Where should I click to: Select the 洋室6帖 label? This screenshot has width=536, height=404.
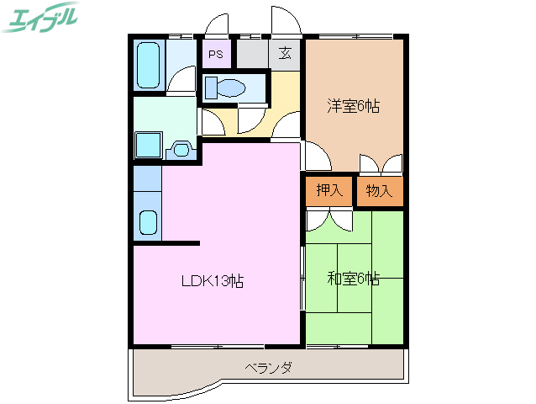(353, 106)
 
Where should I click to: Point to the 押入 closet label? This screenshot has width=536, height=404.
(329, 190)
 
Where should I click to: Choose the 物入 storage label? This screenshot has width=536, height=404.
(379, 190)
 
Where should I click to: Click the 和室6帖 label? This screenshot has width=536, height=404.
(353, 278)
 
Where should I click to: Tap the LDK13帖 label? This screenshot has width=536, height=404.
(213, 282)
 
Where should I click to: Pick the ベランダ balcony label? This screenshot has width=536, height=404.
(269, 368)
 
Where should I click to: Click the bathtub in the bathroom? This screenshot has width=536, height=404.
(149, 65)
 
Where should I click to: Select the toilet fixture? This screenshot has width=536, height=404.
(225, 87)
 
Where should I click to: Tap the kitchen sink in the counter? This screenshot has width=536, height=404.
(147, 223)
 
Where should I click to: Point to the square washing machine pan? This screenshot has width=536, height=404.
(149, 144)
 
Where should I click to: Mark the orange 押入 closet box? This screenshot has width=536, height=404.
(329, 191)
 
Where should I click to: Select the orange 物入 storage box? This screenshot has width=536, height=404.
(380, 191)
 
